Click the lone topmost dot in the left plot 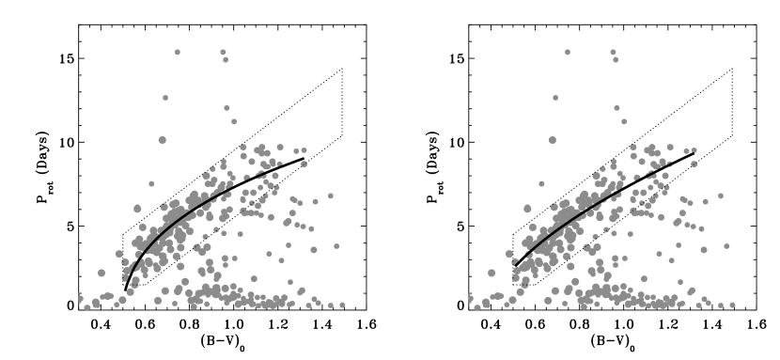[x=177, y=52]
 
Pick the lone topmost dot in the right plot [x=567, y=52]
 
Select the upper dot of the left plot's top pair [x=223, y=52]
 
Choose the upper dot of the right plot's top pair [x=613, y=52]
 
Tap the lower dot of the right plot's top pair [x=616, y=60]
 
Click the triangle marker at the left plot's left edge [x=81, y=298]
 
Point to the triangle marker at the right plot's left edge [x=471, y=298]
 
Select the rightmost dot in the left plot [x=342, y=305]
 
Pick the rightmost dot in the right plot [x=732, y=305]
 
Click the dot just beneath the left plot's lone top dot [x=165, y=97]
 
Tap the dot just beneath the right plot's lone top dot [x=555, y=97]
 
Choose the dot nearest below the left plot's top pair [x=227, y=108]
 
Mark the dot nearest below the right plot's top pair [x=617, y=108]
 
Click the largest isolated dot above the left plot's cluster [x=162, y=139]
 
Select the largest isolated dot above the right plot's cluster [x=552, y=139]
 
